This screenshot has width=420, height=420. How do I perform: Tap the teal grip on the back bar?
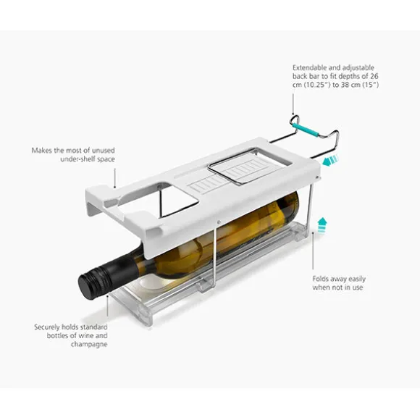pos(305,130)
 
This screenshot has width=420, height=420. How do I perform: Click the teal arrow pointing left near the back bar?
pos(330,161)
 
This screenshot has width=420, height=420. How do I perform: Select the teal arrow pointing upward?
pos(322,225)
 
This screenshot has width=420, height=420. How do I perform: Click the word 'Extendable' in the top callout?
pos(309,67)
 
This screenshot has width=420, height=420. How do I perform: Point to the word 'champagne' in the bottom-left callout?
pos(89,345)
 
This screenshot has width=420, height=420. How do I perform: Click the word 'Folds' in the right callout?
pos(320,279)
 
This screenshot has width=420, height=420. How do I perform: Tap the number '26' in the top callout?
pos(374,76)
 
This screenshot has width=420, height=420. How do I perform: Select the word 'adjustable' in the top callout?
pos(358,68)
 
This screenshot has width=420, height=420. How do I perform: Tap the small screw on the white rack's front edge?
pos(219,222)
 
